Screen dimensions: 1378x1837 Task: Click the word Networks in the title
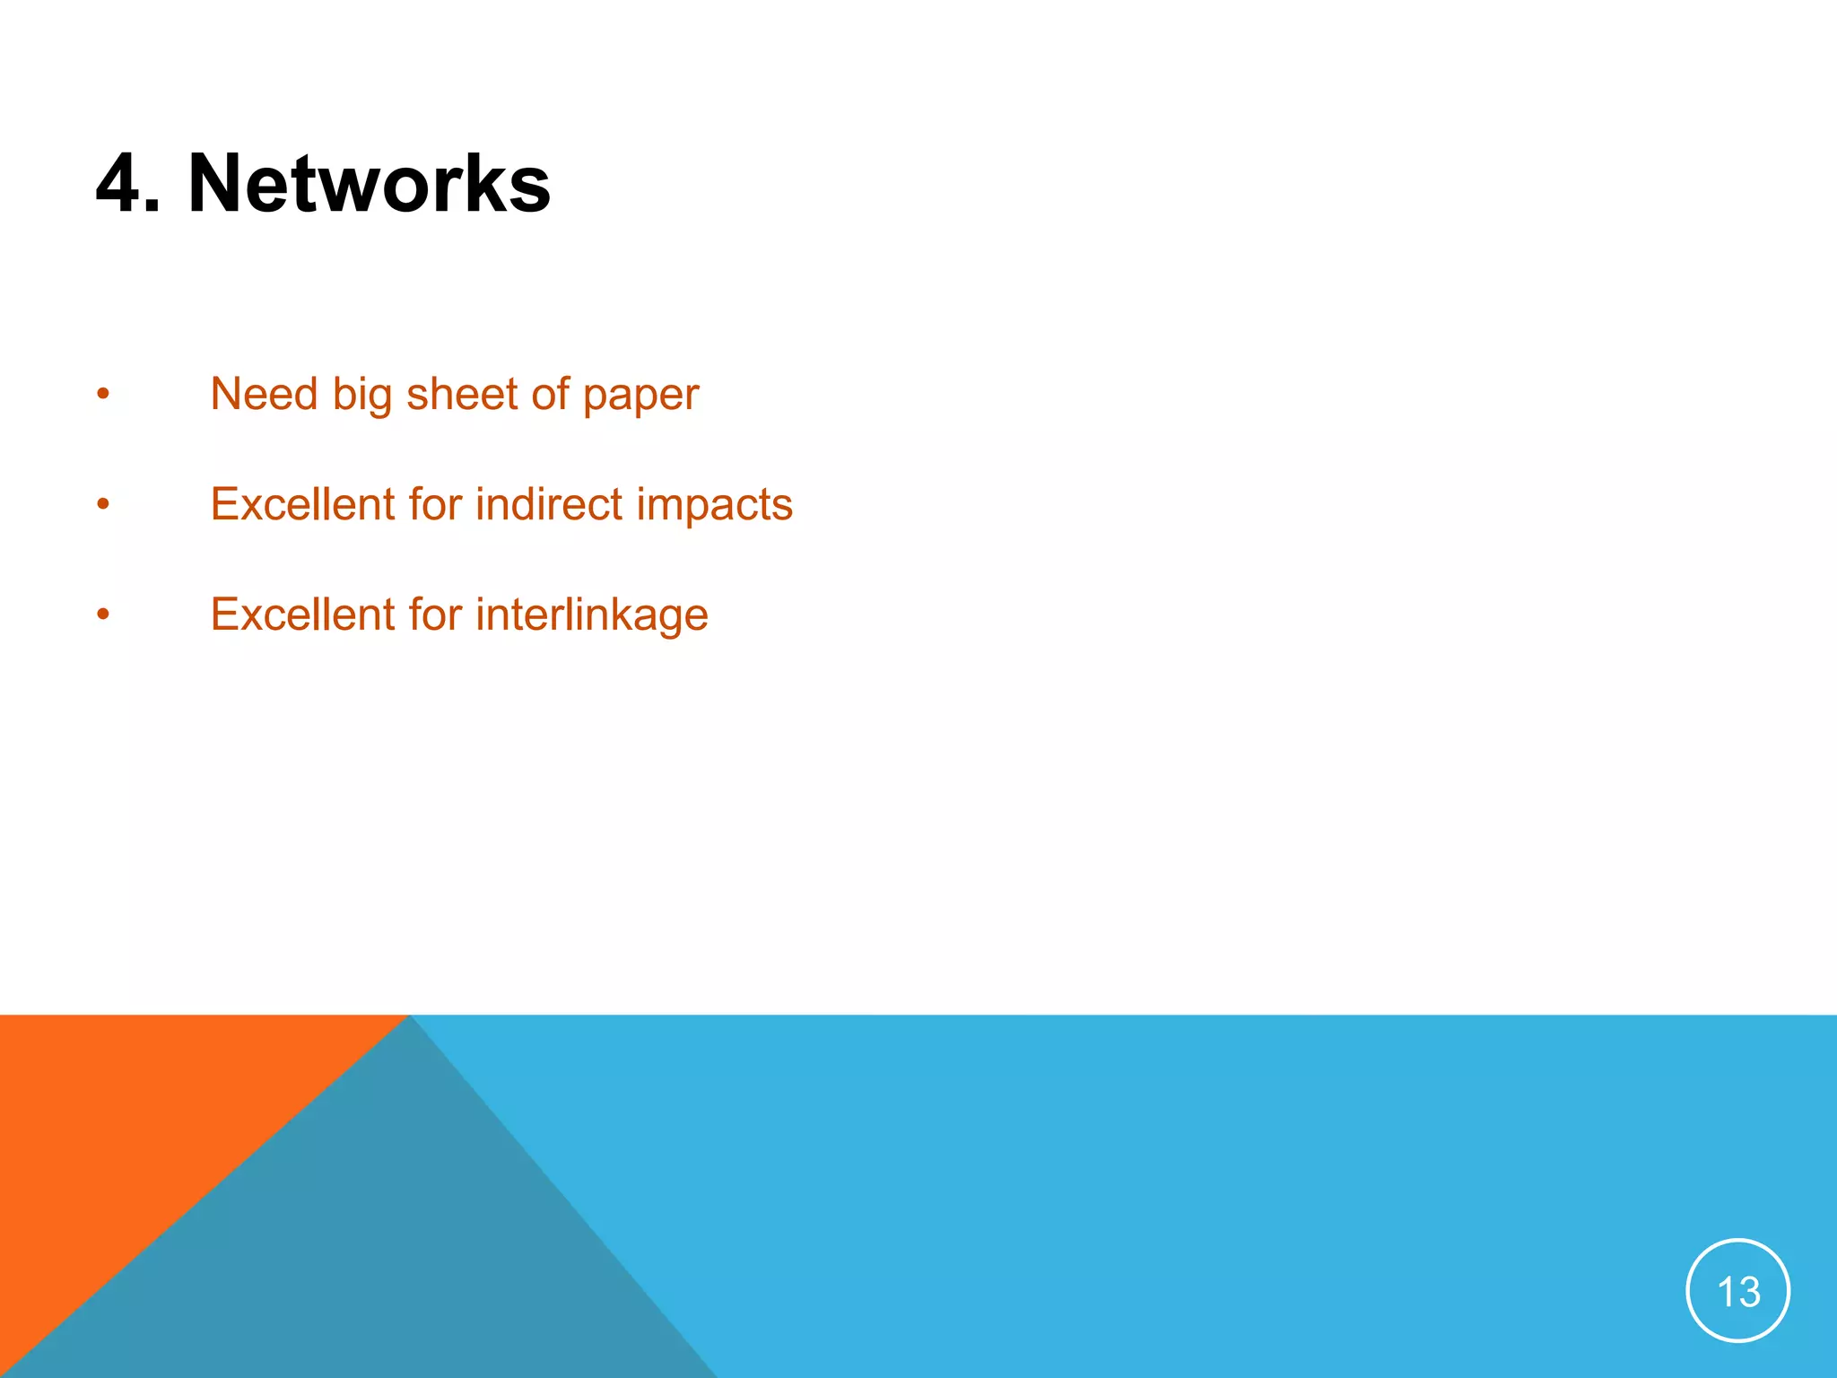(369, 184)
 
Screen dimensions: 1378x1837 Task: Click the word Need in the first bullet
(264, 395)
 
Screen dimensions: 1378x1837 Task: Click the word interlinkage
(592, 615)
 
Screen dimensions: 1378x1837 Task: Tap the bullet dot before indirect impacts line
(103, 504)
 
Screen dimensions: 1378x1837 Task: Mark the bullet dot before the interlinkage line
(103, 615)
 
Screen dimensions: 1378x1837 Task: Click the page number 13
(1737, 1291)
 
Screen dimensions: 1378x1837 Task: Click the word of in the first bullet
(550, 395)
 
